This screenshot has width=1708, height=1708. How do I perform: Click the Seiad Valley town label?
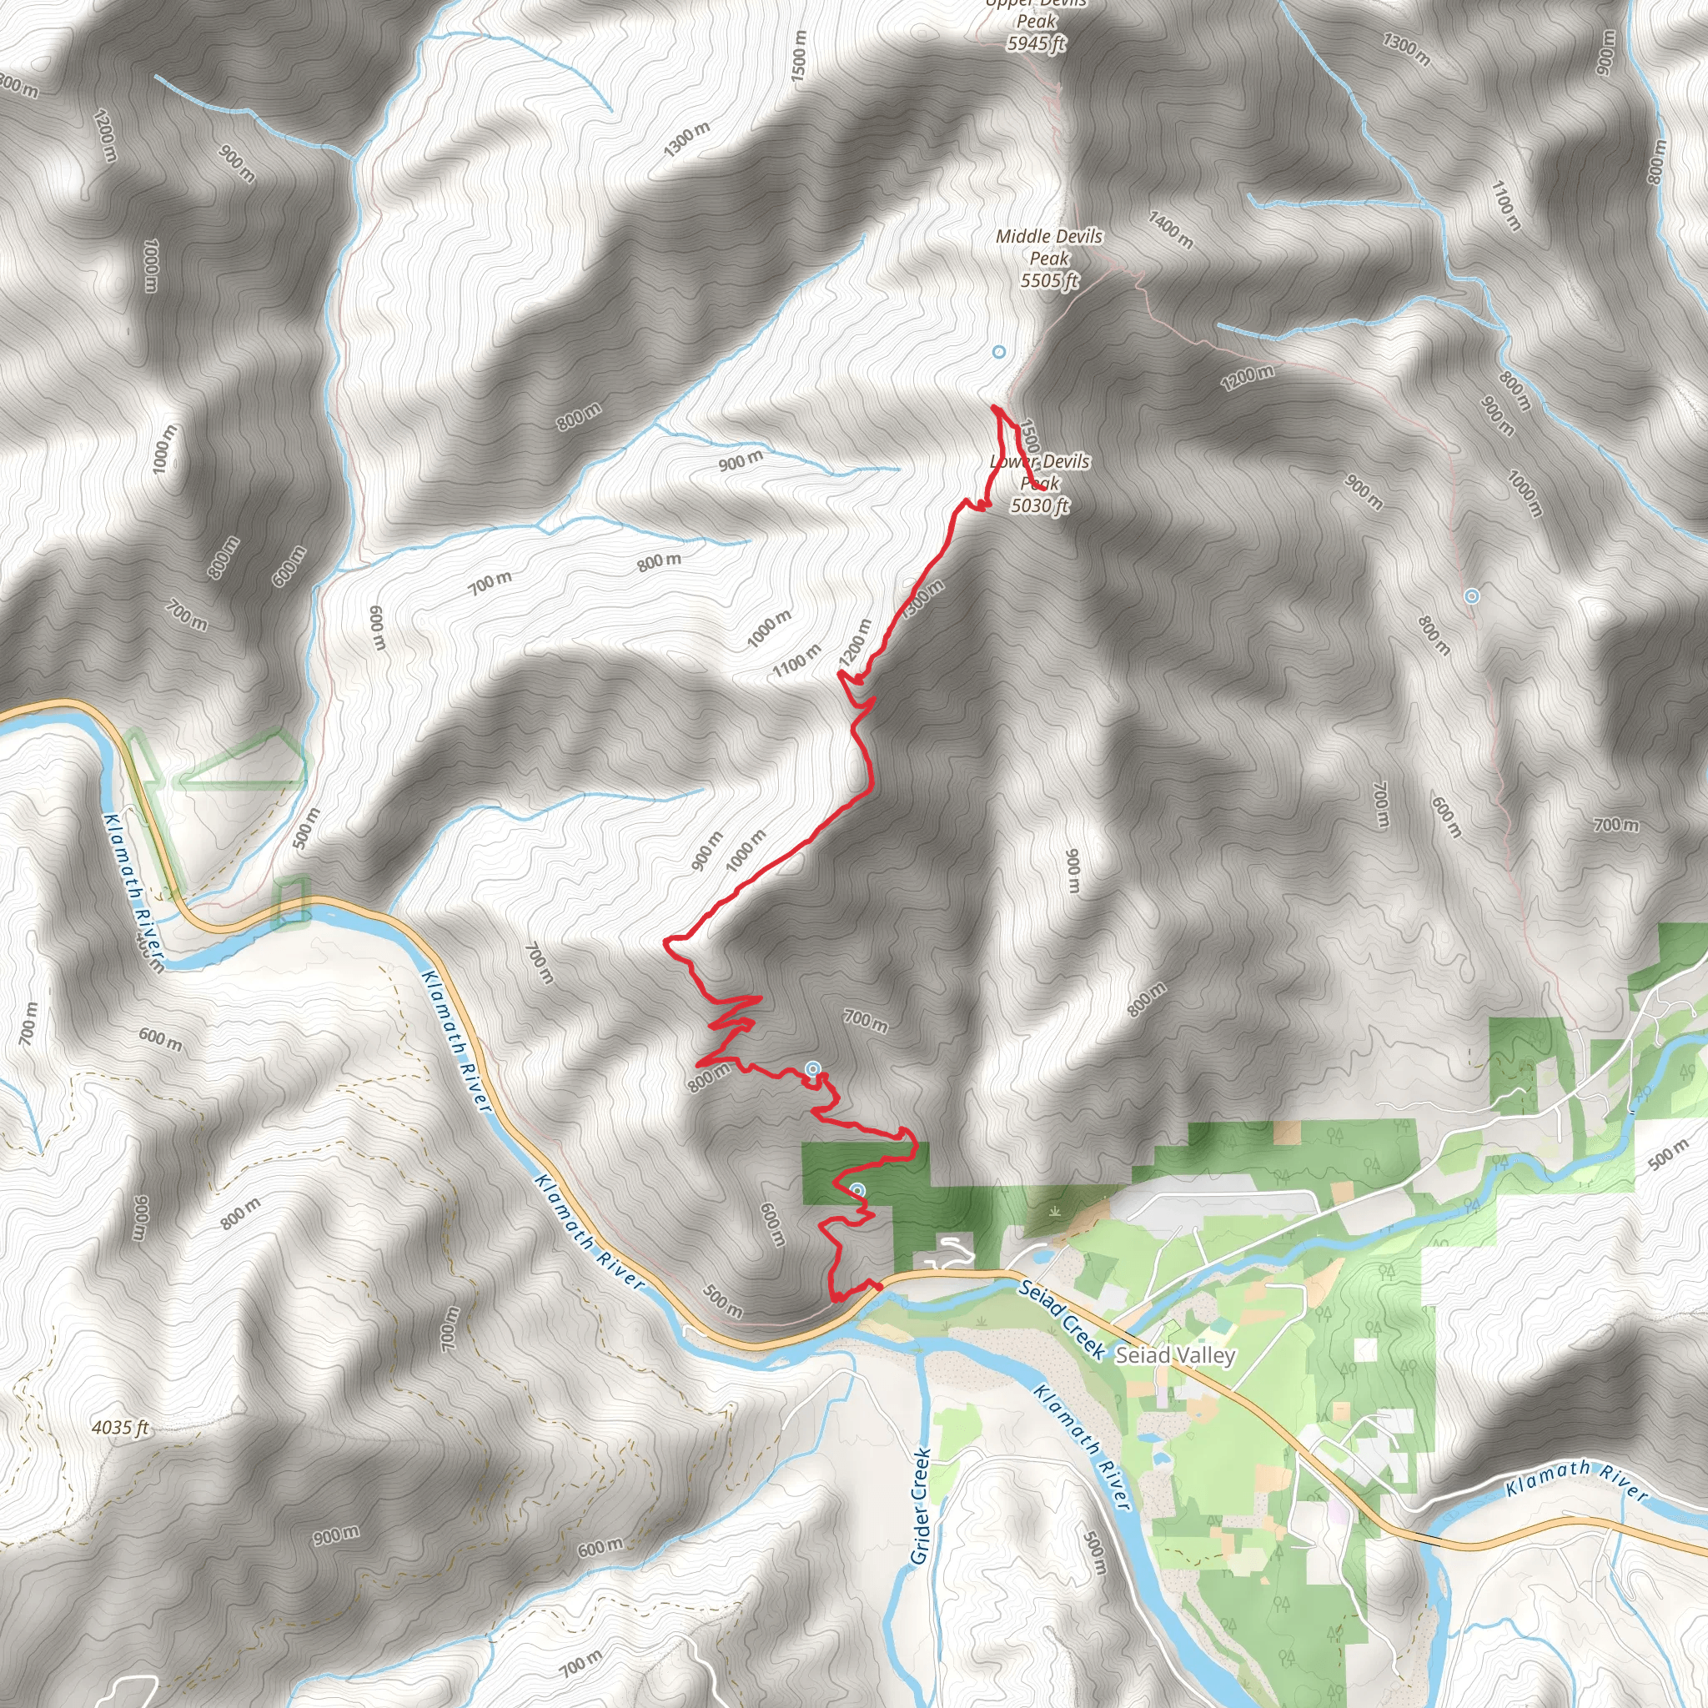[x=1175, y=1354]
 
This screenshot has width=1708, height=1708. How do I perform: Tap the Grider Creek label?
[x=921, y=1505]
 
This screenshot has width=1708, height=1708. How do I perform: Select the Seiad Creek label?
[x=1061, y=1319]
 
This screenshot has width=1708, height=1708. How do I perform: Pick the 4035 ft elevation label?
[x=120, y=1427]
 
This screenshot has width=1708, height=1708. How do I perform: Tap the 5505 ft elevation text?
[x=1049, y=281]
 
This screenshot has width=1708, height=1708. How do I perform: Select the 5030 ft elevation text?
[x=1040, y=505]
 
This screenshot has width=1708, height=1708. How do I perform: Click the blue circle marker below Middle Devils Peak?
[x=999, y=352]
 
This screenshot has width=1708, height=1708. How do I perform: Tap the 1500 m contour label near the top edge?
[x=799, y=58]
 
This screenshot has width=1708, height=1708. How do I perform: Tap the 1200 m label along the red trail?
[x=856, y=642]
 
